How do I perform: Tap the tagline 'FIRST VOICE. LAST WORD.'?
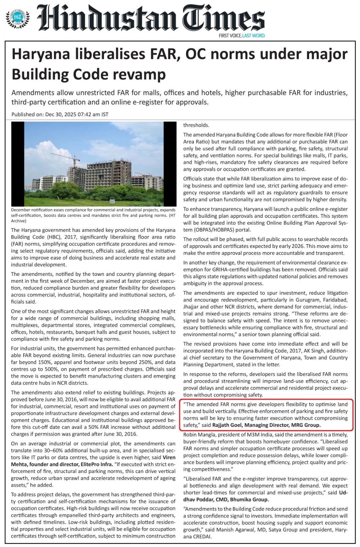click(242, 36)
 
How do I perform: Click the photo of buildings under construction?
click(93, 164)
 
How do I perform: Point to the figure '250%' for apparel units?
click(128, 362)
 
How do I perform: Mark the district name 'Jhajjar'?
click(192, 307)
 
